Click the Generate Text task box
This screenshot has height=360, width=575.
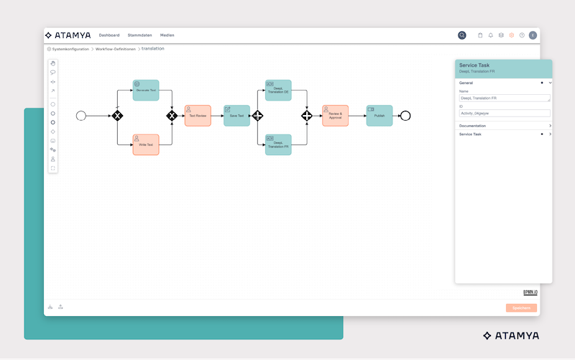pos(146,90)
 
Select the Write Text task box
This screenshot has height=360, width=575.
pos(146,144)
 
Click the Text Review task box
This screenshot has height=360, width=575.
pos(198,116)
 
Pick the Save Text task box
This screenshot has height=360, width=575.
pos(237,116)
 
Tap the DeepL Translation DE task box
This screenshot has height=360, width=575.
pos(278,90)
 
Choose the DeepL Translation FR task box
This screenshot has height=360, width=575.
pos(278,144)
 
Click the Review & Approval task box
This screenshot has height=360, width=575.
pos(335,116)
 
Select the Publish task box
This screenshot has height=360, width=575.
pos(379,116)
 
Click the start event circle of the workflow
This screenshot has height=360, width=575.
pos(80,116)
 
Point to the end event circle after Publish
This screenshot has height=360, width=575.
pos(405,116)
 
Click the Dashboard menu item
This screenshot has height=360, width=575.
pos(109,35)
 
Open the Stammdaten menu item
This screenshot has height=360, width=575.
pos(139,35)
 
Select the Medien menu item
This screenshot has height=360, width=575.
pos(167,35)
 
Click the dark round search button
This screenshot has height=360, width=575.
pos(462,35)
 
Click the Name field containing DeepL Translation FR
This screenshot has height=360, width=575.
pos(505,98)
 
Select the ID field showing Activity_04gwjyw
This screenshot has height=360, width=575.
pos(505,113)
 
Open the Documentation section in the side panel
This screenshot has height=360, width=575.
pos(503,126)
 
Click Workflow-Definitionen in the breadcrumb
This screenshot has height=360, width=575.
pos(115,49)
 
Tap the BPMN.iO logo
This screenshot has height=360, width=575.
pos(530,292)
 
